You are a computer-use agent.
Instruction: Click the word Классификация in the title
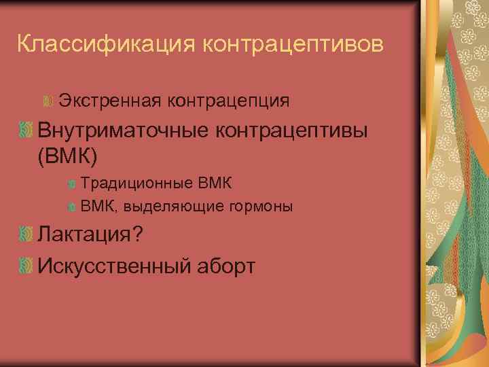[x=105, y=44]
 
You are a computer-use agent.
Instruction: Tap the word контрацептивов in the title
[x=293, y=44]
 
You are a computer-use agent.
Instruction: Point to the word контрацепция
[x=228, y=101]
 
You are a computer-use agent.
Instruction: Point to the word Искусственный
[x=113, y=265]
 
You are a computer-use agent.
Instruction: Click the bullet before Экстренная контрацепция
[x=48, y=102]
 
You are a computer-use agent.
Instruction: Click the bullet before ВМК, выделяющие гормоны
[x=71, y=206]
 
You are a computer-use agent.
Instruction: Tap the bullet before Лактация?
[x=26, y=234]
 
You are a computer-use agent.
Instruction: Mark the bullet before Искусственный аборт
[x=26, y=265]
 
